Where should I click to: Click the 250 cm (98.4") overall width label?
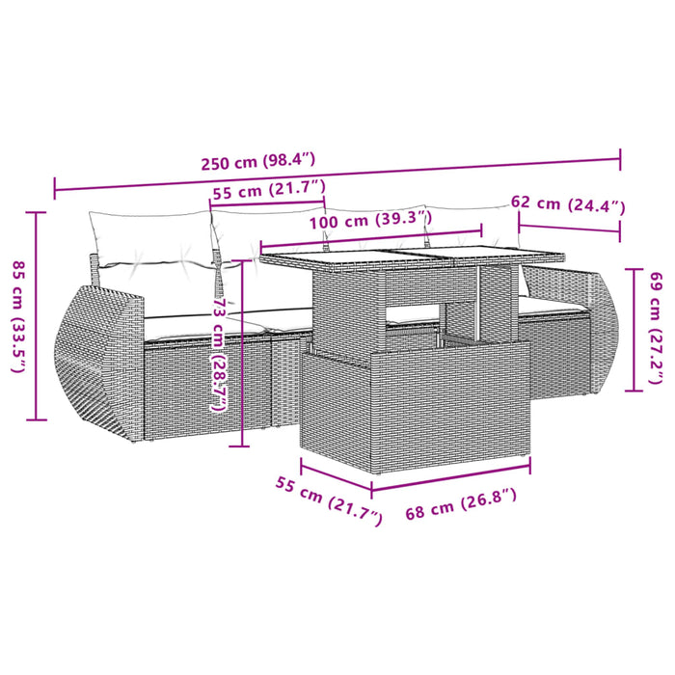258,161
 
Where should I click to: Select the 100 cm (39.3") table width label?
370,222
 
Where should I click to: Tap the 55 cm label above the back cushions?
269,190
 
